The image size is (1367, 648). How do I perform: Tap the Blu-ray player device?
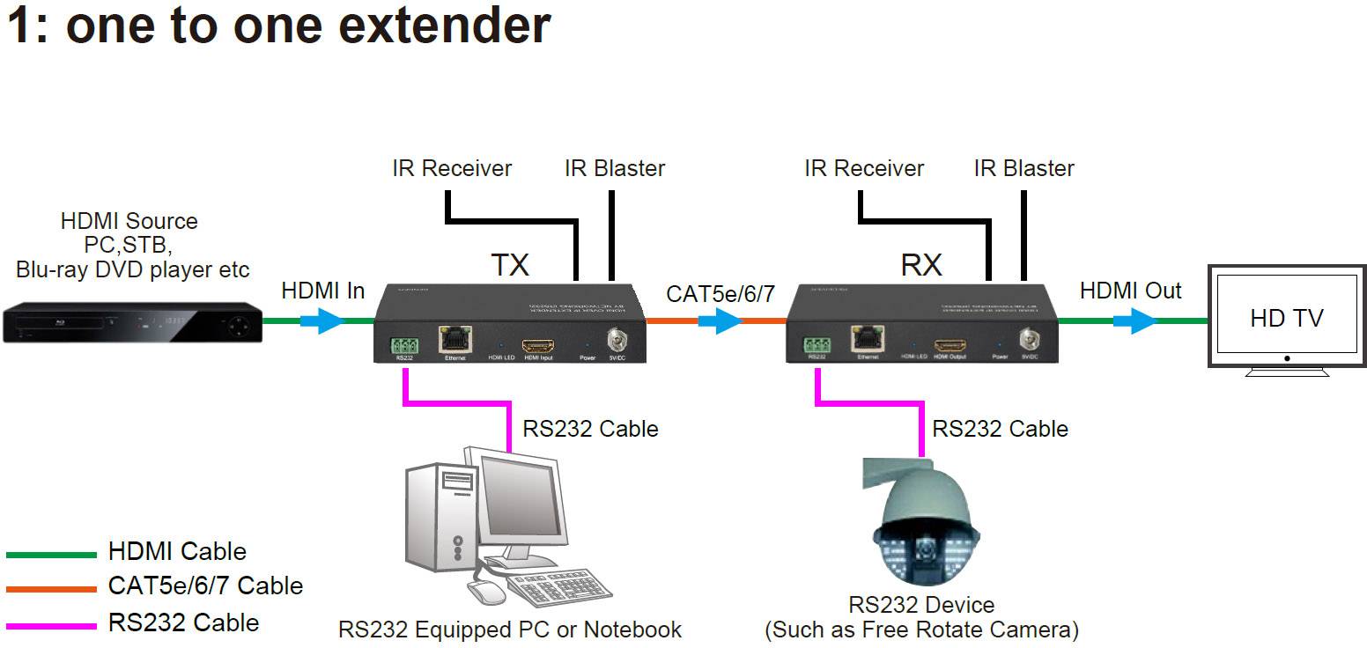click(x=132, y=323)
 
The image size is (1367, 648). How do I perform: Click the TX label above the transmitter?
click(x=509, y=264)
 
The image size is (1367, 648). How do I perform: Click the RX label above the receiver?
click(x=921, y=264)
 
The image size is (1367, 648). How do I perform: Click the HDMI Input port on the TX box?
click(x=537, y=345)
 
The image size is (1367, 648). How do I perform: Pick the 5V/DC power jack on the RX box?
click(x=1028, y=339)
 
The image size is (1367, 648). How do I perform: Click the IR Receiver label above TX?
click(x=452, y=168)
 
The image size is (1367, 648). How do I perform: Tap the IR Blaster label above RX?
click(x=1023, y=168)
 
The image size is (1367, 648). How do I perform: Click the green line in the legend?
click(x=51, y=555)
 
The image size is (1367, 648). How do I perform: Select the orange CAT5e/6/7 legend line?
click(x=51, y=589)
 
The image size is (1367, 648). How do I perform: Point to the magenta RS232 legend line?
click(x=51, y=625)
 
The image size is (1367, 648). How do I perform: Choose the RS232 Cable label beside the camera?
click(x=1000, y=429)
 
